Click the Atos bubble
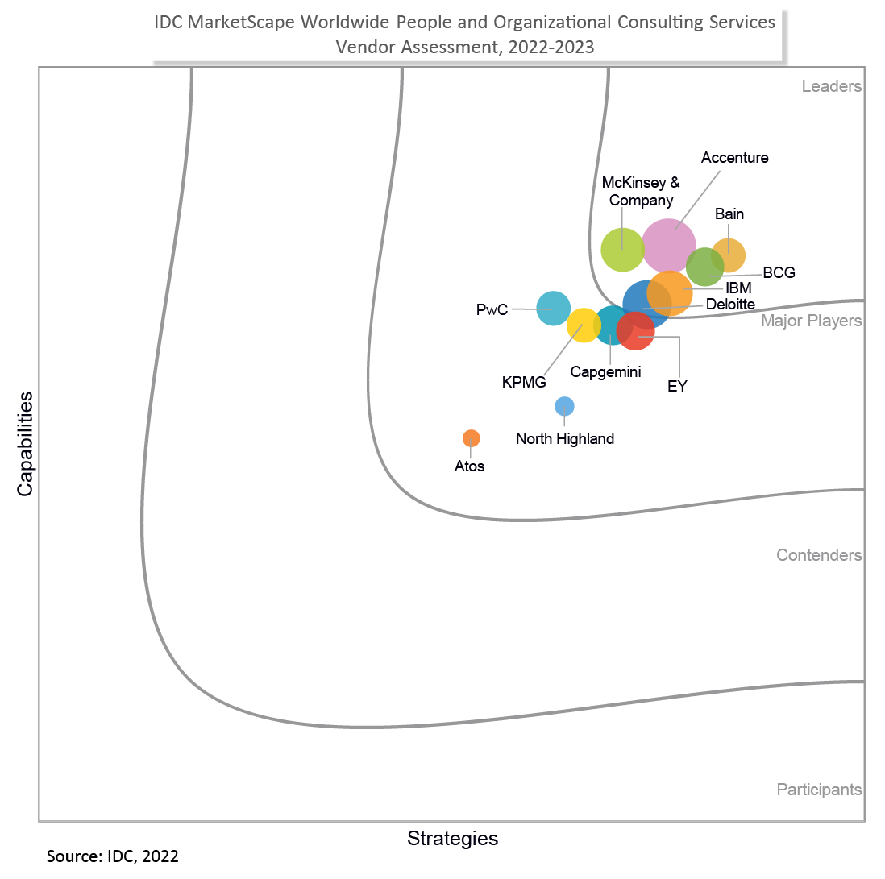(x=472, y=438)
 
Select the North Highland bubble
(x=564, y=406)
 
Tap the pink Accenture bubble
(x=669, y=245)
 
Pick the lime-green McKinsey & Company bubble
(x=622, y=250)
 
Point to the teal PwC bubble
(x=553, y=308)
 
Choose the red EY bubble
(x=636, y=331)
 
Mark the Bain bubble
(x=729, y=255)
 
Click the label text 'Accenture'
(x=734, y=158)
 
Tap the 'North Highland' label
(x=565, y=439)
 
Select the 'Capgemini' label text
(x=605, y=371)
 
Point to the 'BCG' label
(x=779, y=272)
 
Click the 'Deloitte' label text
(x=730, y=305)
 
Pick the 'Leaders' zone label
(x=832, y=86)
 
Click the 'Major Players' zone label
(x=812, y=321)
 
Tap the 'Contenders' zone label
(x=819, y=555)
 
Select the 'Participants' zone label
(x=819, y=790)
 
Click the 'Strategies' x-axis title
(x=452, y=838)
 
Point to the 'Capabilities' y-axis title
(x=26, y=443)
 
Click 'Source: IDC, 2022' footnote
(x=113, y=856)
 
